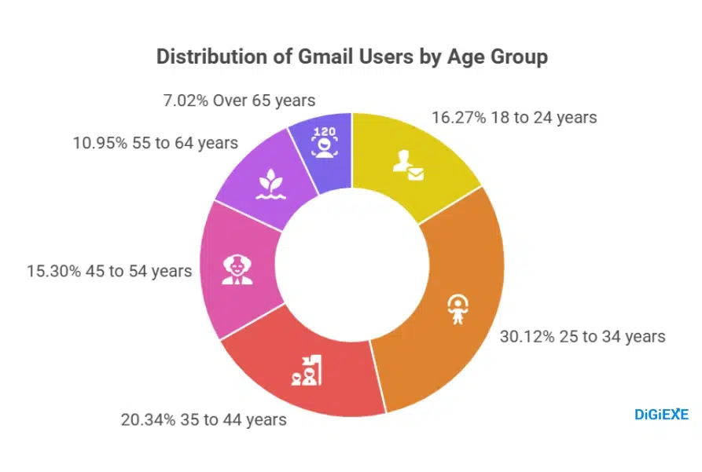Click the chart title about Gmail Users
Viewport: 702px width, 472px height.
click(351, 57)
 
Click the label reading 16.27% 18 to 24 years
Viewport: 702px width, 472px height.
click(514, 118)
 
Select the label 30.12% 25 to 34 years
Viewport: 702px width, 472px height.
click(583, 337)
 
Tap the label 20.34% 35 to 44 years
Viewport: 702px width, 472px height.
click(204, 419)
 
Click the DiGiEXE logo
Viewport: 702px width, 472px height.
click(661, 414)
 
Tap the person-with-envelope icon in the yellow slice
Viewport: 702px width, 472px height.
click(408, 163)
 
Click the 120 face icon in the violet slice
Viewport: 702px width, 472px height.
click(324, 141)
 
